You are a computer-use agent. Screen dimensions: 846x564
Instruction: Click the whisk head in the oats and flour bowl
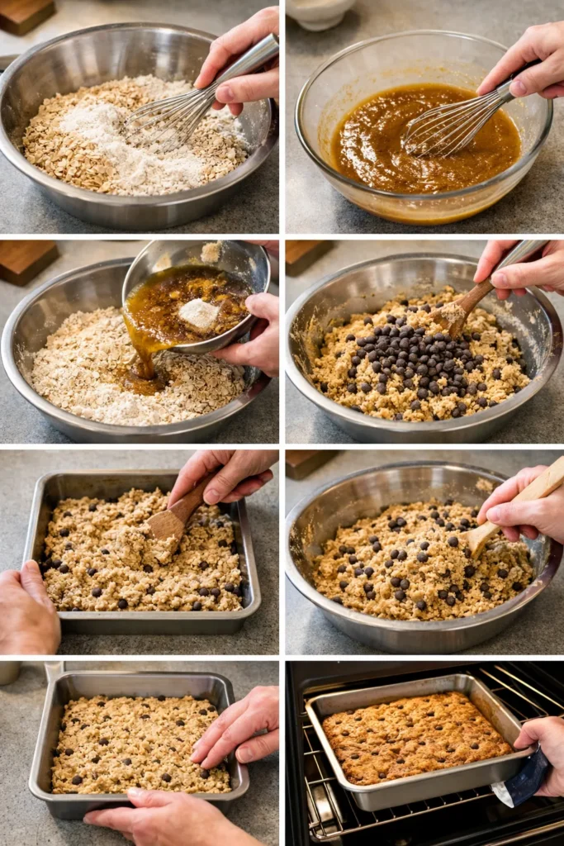click(169, 116)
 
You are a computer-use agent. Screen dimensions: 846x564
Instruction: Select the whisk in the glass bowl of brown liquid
click(450, 124)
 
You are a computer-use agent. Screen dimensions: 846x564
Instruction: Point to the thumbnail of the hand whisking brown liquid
click(524, 70)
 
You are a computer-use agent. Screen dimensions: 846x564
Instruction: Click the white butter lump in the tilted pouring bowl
click(199, 313)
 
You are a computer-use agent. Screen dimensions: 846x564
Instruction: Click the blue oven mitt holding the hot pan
click(524, 781)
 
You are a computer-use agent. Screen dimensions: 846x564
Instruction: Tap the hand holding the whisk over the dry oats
click(239, 62)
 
